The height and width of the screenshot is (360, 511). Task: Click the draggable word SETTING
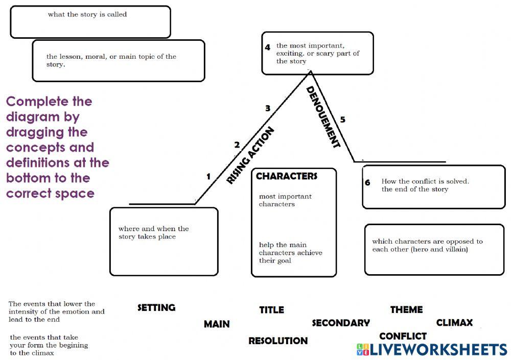coord(156,307)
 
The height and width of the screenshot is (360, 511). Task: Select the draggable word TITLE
coord(271,309)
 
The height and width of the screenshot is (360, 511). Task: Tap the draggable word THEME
coord(406,309)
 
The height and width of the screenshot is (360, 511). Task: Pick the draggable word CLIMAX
coord(454,323)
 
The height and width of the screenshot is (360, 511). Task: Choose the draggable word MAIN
coord(217,324)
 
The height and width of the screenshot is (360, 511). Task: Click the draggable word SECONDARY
coord(340,323)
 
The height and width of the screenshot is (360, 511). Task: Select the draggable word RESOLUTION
coord(278,341)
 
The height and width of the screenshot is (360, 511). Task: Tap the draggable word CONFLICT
coord(403,336)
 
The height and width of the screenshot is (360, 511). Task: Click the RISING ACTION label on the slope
coord(250,155)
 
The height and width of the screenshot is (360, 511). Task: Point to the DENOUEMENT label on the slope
coord(323,117)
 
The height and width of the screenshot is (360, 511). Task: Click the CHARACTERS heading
coord(286,176)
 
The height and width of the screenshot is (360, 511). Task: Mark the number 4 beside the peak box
coord(267,47)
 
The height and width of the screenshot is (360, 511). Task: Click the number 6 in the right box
coord(367,182)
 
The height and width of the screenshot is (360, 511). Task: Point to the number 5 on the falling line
coord(342,119)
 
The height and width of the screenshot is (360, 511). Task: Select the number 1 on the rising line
coord(208,177)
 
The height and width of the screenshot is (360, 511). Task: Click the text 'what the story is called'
coord(87,14)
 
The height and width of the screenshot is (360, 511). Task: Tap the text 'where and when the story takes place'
coord(153,233)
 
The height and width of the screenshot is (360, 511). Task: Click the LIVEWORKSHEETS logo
coord(432,349)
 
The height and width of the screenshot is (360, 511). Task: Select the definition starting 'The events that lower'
coord(56,311)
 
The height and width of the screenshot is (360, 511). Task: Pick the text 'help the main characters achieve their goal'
coord(290,253)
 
